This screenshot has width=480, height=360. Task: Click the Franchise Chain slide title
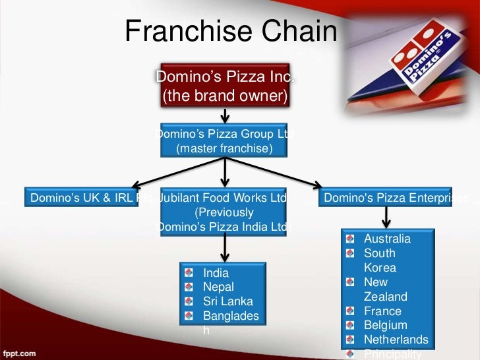[231, 31]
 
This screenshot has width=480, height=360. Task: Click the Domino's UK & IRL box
[82, 198]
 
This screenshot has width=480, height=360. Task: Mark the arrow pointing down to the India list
[225, 249]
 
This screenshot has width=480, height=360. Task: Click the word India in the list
[216, 273]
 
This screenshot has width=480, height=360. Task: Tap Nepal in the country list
[218, 287]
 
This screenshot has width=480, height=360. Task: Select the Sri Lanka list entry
[227, 302]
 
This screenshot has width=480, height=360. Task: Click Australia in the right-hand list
[387, 239]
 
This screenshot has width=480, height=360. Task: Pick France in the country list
[382, 311]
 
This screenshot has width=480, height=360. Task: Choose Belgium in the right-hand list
[385, 326]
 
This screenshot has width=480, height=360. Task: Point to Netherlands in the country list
[396, 340]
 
